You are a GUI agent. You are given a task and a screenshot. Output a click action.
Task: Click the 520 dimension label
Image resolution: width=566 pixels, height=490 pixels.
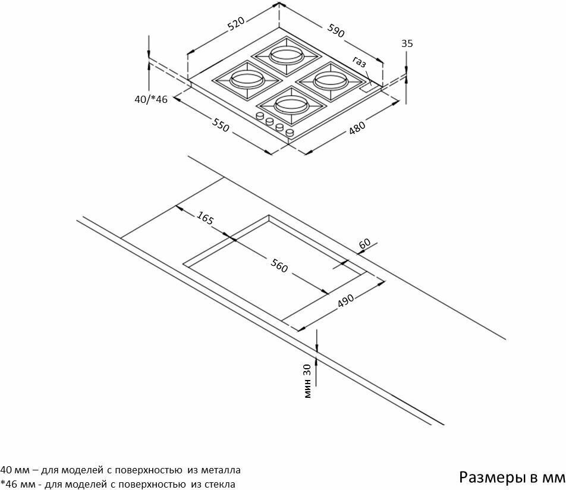(x=236, y=23)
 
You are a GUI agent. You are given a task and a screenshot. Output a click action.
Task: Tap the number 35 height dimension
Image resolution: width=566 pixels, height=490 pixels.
(x=407, y=43)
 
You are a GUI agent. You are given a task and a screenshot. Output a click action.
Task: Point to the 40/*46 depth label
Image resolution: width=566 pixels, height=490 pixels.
(x=151, y=99)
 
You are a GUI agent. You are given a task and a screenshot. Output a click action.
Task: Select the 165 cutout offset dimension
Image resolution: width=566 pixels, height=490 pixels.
(x=205, y=218)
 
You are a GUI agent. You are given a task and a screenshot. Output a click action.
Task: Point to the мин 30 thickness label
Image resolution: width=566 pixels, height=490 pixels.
(x=307, y=381)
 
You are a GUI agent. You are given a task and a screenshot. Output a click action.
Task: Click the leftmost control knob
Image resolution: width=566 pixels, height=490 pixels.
(x=260, y=116)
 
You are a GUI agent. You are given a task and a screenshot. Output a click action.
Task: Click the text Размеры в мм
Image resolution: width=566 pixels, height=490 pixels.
(x=511, y=477)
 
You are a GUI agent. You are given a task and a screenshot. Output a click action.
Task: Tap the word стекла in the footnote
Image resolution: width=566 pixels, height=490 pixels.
(x=218, y=484)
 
